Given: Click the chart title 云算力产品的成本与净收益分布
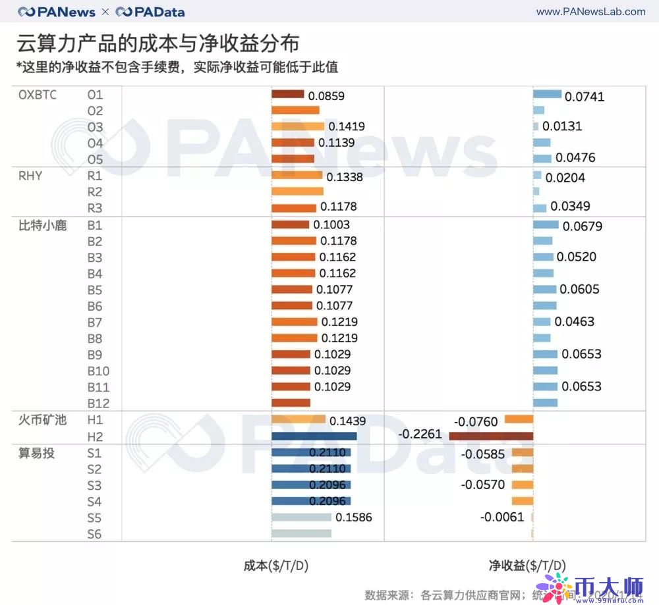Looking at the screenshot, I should [x=158, y=43].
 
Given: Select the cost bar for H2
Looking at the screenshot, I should [x=314, y=436].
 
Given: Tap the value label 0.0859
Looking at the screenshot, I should [x=326, y=95].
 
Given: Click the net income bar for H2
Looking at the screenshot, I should [x=491, y=436].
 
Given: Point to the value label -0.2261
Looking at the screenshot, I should [x=420, y=434].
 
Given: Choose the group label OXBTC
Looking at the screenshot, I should [x=38, y=95].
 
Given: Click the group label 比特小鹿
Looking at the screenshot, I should [x=42, y=225].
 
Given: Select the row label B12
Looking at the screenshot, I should [x=98, y=404].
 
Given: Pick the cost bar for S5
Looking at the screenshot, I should [x=301, y=517].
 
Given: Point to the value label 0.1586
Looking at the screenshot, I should [x=354, y=517].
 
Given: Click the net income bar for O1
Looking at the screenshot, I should [x=547, y=94].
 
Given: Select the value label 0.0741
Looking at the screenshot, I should [x=585, y=97].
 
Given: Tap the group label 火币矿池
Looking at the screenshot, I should [x=42, y=419].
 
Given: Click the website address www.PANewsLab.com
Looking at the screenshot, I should [x=590, y=11].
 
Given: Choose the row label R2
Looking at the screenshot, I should [x=95, y=192].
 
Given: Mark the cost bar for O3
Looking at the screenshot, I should [x=298, y=126].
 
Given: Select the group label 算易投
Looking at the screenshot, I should [x=38, y=452].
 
